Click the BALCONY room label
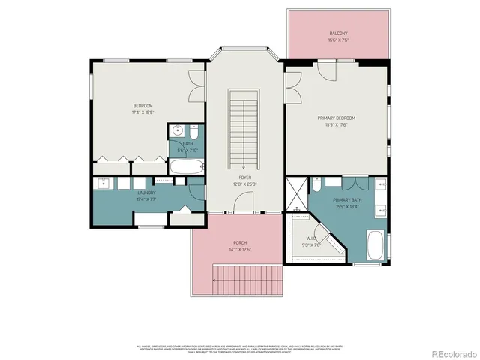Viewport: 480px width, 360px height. [x=337, y=34]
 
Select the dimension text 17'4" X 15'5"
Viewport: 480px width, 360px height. [x=143, y=112]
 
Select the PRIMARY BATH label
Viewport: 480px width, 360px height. [x=348, y=201]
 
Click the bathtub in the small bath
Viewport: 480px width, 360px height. [x=186, y=166]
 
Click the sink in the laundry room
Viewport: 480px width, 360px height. [x=103, y=184]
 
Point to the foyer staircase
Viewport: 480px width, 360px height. [x=244, y=127]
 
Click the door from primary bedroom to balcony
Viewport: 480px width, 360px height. [x=328, y=68]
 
